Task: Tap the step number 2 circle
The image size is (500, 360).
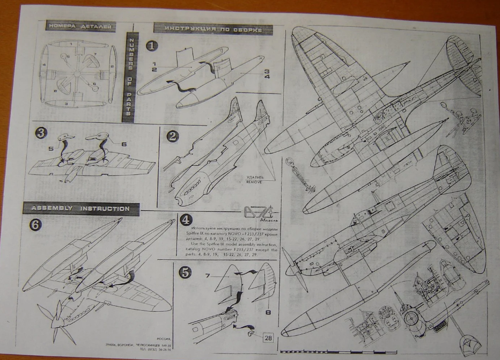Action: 172,136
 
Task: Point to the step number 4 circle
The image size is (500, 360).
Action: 185,219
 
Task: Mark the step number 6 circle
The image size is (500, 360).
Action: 34,225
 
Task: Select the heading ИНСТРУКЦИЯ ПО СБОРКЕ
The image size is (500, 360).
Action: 208,28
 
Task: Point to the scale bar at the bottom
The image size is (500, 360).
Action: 322,351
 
